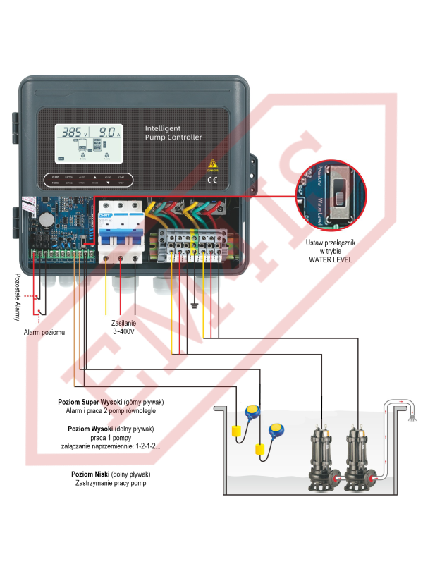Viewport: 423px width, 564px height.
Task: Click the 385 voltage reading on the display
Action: [72, 132]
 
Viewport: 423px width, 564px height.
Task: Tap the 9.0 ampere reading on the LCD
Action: [109, 132]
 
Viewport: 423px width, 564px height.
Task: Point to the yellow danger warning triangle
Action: [213, 165]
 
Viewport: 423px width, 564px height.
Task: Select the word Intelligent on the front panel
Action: [163, 129]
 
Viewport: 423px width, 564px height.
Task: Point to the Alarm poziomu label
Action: [44, 332]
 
